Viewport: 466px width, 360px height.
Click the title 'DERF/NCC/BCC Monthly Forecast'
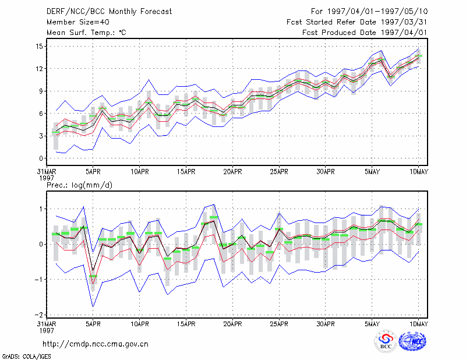(x=109, y=12)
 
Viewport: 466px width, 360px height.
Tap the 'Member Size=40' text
(x=78, y=22)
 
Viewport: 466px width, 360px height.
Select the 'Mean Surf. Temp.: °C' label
(x=86, y=33)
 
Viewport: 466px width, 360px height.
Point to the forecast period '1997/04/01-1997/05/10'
(x=377, y=12)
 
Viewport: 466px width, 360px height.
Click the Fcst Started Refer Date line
(x=357, y=22)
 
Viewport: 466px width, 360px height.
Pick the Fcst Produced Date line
(x=365, y=33)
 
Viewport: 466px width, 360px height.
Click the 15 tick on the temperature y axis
(x=40, y=47)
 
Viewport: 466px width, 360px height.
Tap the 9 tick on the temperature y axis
(x=41, y=91)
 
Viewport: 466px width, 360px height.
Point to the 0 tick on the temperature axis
(x=41, y=158)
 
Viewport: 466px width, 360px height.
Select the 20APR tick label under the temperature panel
(x=232, y=172)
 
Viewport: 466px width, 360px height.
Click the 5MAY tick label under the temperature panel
(x=372, y=172)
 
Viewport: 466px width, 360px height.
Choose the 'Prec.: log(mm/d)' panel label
(x=79, y=185)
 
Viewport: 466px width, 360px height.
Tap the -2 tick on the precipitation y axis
(x=38, y=315)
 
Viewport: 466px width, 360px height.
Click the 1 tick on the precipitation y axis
(x=41, y=209)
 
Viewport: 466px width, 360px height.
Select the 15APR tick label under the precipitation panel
(x=186, y=324)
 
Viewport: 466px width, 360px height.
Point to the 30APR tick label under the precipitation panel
(x=326, y=324)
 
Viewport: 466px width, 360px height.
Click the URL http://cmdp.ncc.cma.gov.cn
(x=96, y=344)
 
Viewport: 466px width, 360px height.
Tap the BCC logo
(x=386, y=342)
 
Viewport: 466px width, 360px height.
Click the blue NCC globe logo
(x=412, y=341)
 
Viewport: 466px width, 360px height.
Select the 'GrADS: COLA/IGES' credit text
(x=26, y=357)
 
